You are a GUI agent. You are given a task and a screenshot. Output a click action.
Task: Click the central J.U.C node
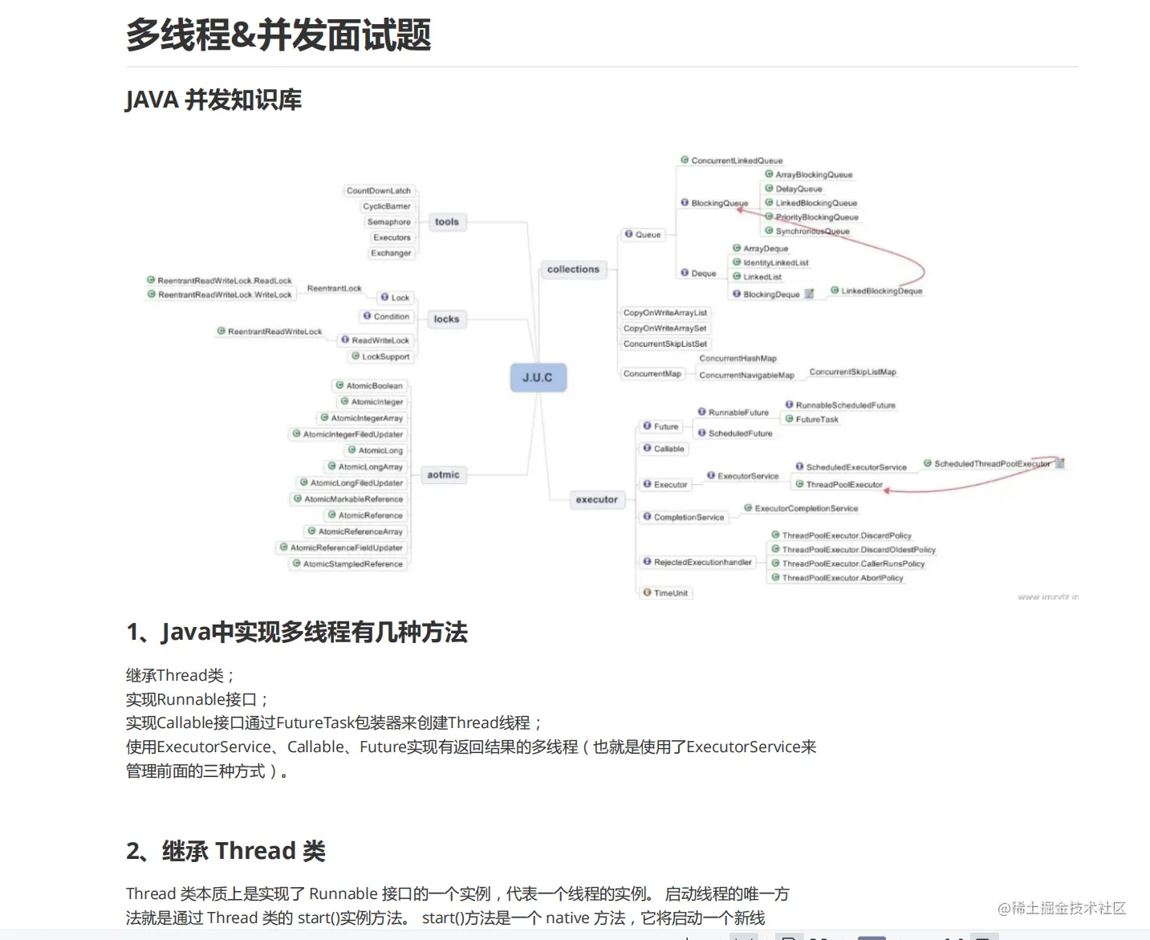pos(538,377)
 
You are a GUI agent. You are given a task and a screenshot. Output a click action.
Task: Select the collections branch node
pos(573,270)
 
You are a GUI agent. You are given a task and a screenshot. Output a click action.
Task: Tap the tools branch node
pos(447,222)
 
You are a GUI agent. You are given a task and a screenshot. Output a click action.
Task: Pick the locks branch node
pos(446,319)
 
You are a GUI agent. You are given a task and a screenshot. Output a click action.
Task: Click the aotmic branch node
pos(443,475)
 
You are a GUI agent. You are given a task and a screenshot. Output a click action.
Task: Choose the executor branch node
pos(596,500)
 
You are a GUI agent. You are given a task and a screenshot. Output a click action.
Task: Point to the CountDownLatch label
pos(379,191)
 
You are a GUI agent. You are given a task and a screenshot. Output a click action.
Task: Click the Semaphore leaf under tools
pos(388,222)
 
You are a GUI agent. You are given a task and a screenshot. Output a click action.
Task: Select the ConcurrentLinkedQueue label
pos(737,161)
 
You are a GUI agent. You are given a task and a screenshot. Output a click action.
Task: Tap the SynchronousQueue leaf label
pos(812,231)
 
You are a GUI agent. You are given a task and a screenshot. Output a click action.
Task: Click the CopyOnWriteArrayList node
pos(665,313)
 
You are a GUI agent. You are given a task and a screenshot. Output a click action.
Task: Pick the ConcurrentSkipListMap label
pos(852,372)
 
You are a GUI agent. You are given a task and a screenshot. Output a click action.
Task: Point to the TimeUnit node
pos(670,593)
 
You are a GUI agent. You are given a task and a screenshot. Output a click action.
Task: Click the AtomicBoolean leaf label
pos(374,386)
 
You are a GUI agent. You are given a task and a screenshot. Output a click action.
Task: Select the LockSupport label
pos(385,357)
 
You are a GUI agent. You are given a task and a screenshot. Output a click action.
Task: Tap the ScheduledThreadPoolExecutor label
pos(992,464)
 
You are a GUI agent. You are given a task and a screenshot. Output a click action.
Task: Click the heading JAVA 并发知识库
pos(213,100)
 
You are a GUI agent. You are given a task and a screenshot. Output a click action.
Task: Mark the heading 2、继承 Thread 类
pos(226,851)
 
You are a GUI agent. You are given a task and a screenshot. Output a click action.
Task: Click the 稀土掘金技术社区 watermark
pos(1062,909)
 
